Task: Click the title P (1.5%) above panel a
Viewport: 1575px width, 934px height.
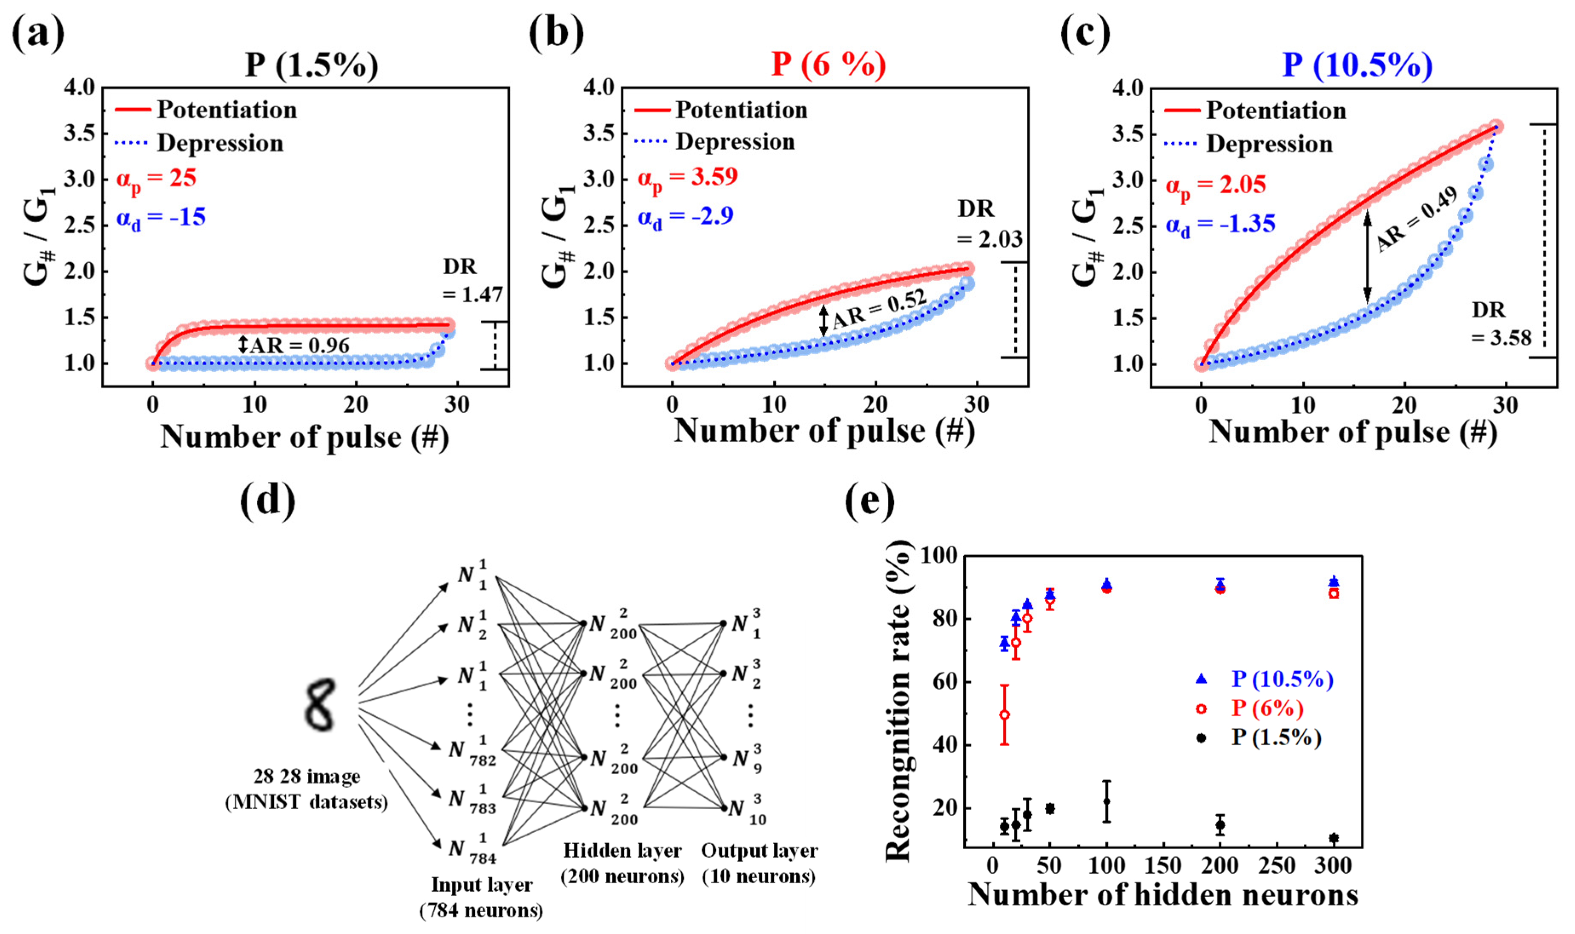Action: tap(312, 65)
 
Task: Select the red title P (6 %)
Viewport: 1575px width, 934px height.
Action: tap(828, 64)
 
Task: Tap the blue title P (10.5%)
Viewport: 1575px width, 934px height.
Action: tap(1357, 64)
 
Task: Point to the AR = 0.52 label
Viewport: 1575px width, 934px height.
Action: tap(879, 309)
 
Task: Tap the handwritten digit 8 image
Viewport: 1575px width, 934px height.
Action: tap(320, 705)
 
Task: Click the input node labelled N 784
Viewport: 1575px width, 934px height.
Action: tap(472, 850)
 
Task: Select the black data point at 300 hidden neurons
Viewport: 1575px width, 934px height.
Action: tap(1334, 838)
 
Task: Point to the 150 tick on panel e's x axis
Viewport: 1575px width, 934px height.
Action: tap(1162, 866)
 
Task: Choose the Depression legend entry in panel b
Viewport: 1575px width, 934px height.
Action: tap(734, 142)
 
